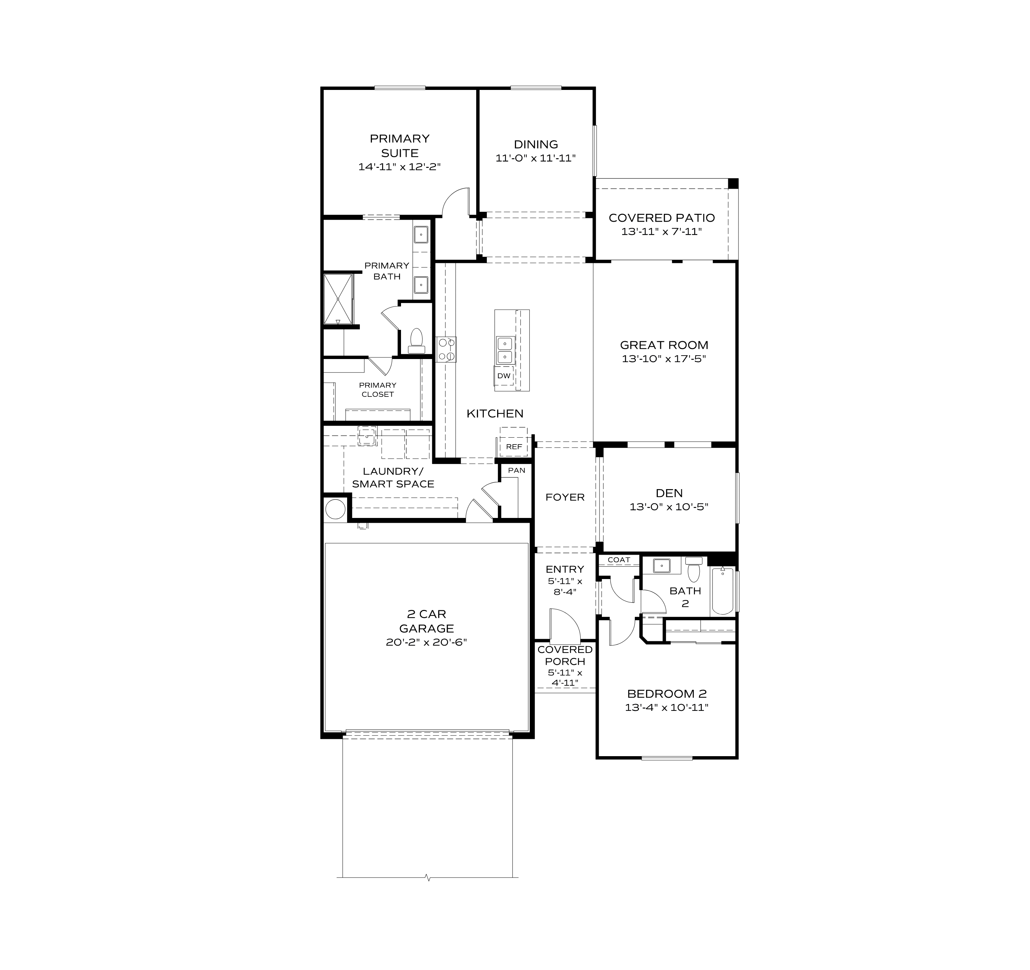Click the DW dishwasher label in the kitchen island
coord(504,376)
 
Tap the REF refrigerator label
coord(514,447)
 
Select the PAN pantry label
coord(517,470)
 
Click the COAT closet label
coord(619,560)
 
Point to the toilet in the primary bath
coord(416,340)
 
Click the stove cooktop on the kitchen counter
coord(446,349)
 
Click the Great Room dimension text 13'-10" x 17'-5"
coord(664,358)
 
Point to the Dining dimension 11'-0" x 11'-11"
coord(536,158)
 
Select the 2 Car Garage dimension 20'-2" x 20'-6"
coord(426,642)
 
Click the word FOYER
coord(565,497)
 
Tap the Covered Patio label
coord(662,218)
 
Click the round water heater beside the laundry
coord(335,509)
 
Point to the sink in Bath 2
coord(662,566)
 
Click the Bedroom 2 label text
coord(667,693)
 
